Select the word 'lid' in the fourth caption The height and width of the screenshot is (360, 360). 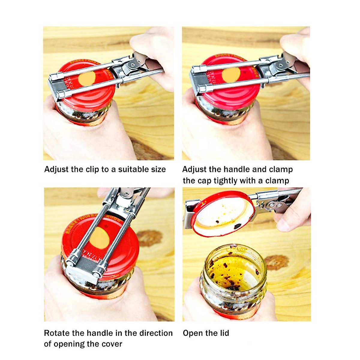(x=224, y=333)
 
